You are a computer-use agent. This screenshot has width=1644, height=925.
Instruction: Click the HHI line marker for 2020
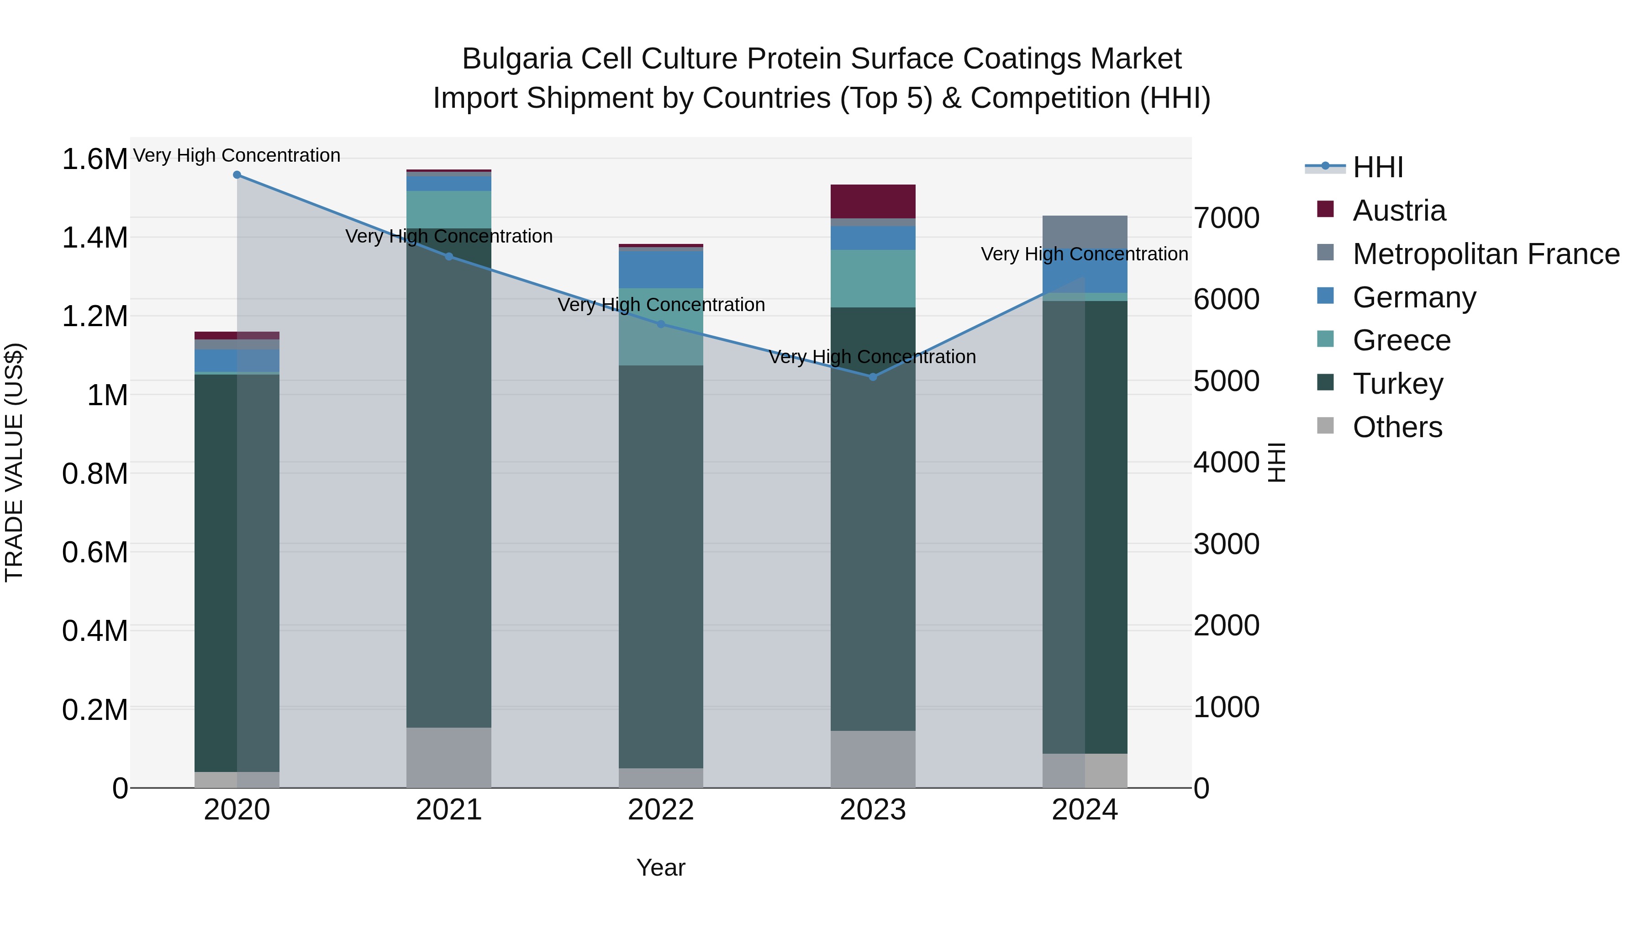click(x=237, y=175)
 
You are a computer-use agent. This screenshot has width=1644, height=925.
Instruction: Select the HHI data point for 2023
click(x=873, y=377)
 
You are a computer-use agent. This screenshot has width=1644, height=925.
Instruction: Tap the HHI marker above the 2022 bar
click(x=661, y=324)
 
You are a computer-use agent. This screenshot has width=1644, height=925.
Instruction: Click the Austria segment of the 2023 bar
click(x=873, y=202)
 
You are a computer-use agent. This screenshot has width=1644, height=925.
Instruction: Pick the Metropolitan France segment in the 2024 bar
click(x=1085, y=232)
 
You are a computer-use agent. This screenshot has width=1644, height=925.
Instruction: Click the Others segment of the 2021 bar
click(x=448, y=758)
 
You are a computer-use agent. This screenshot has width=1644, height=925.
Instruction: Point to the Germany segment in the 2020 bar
click(x=237, y=361)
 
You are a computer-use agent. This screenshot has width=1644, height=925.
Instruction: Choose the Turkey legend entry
click(x=1398, y=384)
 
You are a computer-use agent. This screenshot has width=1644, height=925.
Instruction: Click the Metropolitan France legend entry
click(x=1486, y=254)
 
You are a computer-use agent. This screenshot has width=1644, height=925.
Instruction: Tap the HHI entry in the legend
click(x=1377, y=167)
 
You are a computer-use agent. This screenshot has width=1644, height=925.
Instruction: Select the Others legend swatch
click(x=1326, y=426)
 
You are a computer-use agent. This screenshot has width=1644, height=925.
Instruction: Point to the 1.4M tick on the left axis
click(x=95, y=238)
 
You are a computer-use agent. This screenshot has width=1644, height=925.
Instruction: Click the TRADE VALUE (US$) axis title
click(x=14, y=462)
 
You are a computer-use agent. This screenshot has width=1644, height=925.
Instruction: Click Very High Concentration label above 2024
click(x=1084, y=254)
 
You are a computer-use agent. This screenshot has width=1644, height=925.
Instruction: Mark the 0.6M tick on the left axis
click(x=95, y=553)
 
